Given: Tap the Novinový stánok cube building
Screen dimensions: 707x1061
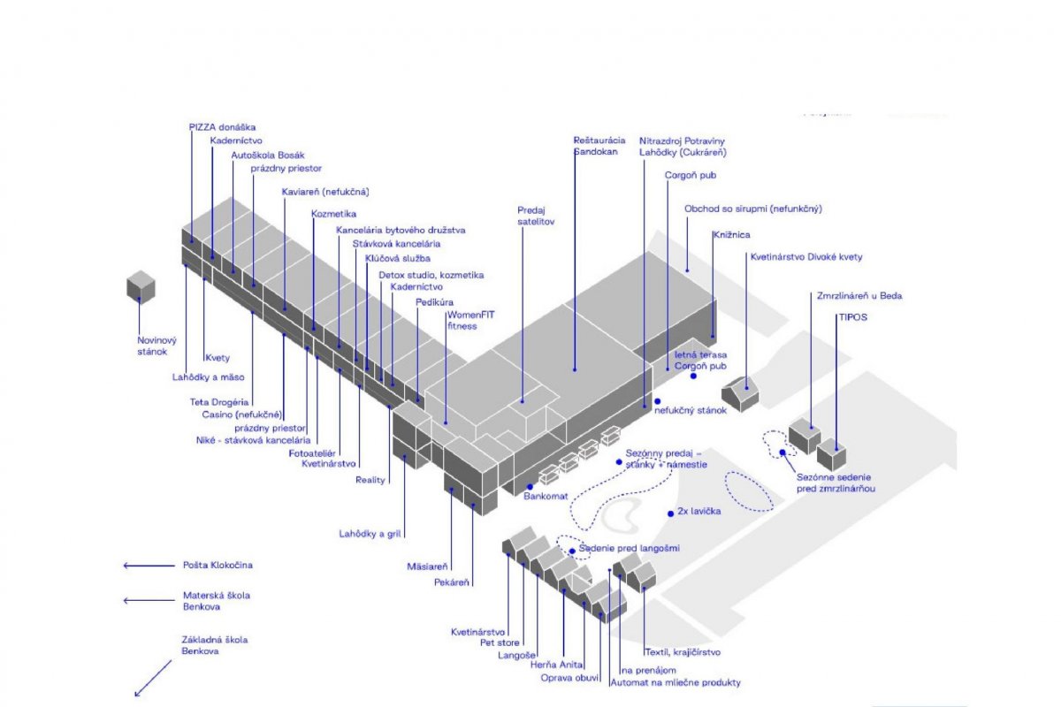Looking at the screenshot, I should (x=141, y=285).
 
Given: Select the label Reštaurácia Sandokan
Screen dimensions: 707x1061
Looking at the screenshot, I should (x=599, y=146).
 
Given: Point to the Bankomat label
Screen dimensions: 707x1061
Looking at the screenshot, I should (x=546, y=497).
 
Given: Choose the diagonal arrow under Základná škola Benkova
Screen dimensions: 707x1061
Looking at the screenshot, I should (x=152, y=678).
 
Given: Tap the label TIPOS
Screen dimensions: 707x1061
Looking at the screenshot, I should (x=853, y=316).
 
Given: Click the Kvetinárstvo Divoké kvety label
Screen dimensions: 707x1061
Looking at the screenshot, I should (x=806, y=257).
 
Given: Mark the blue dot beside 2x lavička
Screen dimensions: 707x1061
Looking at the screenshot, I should (x=669, y=513).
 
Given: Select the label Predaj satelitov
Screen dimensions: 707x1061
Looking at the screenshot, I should (x=536, y=217).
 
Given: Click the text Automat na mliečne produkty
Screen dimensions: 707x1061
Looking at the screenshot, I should (x=676, y=682).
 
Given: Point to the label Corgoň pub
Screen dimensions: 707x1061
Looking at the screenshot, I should (x=691, y=175).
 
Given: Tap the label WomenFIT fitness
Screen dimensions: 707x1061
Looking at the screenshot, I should (x=465, y=320).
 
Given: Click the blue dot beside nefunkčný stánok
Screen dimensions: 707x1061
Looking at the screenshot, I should (x=657, y=401).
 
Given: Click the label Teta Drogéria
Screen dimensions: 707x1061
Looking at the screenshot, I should (x=218, y=402).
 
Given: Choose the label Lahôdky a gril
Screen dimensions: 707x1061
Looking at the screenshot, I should (x=370, y=534).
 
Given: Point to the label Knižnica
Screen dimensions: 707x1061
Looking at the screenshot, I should (x=731, y=235).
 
